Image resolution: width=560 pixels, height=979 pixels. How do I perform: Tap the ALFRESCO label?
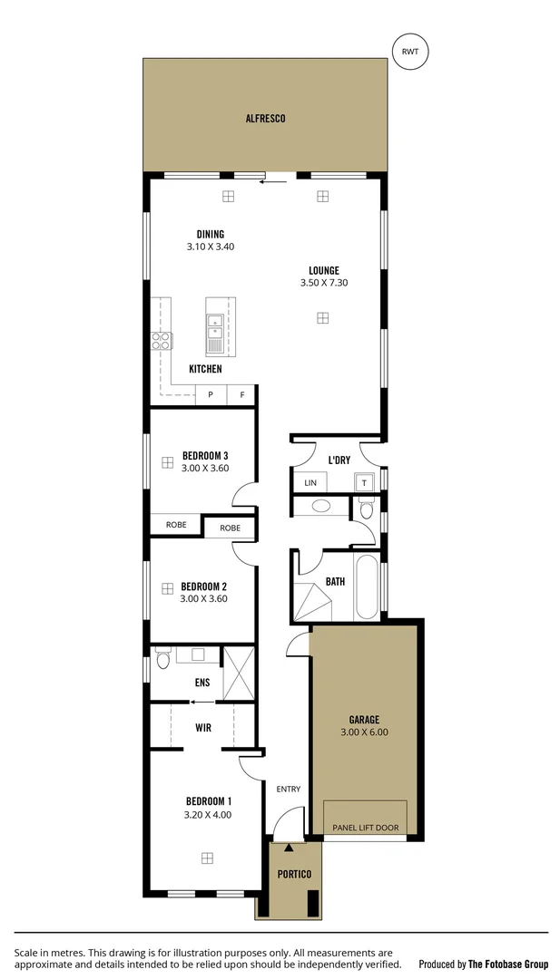pyautogui.click(x=265, y=118)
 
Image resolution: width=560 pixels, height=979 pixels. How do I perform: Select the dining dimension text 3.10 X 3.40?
pyautogui.click(x=211, y=247)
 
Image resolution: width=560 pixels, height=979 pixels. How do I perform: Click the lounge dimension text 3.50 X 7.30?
pyautogui.click(x=324, y=283)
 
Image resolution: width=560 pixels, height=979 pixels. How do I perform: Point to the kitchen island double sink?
pyautogui.click(x=215, y=332)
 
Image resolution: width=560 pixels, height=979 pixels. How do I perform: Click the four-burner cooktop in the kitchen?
pyautogui.click(x=161, y=342)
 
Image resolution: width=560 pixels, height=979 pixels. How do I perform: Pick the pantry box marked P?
pyautogui.click(x=211, y=395)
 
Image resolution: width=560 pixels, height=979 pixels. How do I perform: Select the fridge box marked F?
pyautogui.click(x=241, y=395)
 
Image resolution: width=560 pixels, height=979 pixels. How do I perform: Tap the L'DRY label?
pyautogui.click(x=339, y=460)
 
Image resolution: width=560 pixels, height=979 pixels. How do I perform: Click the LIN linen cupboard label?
pyautogui.click(x=310, y=483)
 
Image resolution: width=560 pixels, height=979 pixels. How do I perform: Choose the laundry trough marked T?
pyautogui.click(x=364, y=483)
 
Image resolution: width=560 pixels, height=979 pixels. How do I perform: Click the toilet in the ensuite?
pyautogui.click(x=163, y=657)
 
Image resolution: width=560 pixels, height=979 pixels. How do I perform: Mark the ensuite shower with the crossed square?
pyautogui.click(x=239, y=674)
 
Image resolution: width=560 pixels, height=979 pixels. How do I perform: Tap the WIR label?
pyautogui.click(x=203, y=727)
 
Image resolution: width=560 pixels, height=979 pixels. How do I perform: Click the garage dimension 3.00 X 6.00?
pyautogui.click(x=364, y=732)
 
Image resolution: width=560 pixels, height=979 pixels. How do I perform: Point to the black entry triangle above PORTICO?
pyautogui.click(x=289, y=848)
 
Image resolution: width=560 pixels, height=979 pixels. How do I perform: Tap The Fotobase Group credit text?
pyautogui.click(x=507, y=964)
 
